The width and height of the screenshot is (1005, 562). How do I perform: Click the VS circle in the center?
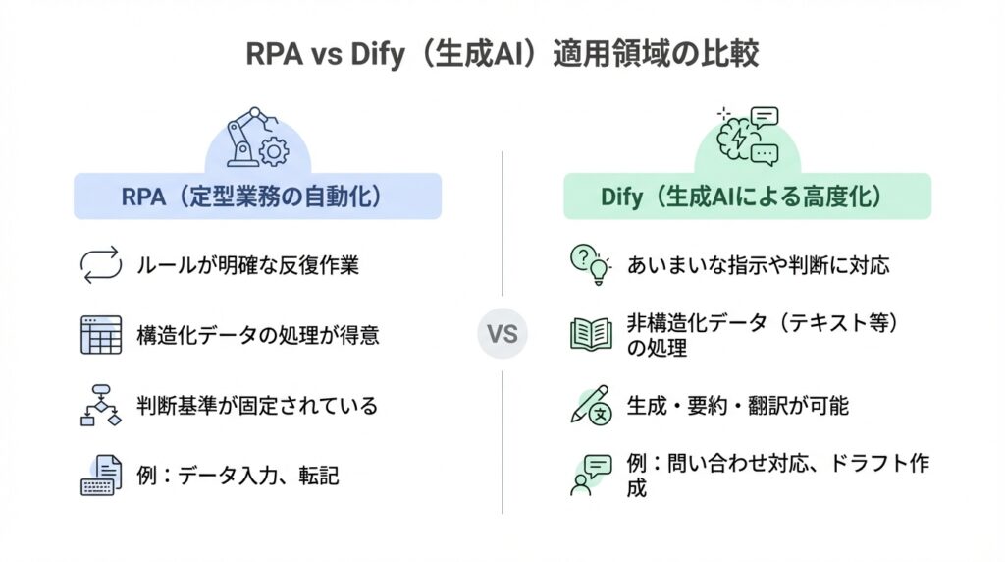502,334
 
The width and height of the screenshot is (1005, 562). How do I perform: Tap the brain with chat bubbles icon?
747,136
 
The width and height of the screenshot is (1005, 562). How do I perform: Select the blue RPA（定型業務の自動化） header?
257,197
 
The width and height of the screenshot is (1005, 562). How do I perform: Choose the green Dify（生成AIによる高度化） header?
746,197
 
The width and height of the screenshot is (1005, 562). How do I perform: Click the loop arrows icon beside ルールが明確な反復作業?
99,264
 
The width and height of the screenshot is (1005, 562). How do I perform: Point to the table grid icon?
99,335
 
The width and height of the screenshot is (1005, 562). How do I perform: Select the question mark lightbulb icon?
590,264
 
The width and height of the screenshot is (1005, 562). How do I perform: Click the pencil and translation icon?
590,406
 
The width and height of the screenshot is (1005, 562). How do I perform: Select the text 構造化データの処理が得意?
258,335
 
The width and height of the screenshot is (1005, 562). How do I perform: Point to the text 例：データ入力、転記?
238,477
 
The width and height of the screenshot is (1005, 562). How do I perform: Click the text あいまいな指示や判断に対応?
758,265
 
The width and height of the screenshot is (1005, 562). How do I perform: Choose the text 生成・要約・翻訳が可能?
737,406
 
